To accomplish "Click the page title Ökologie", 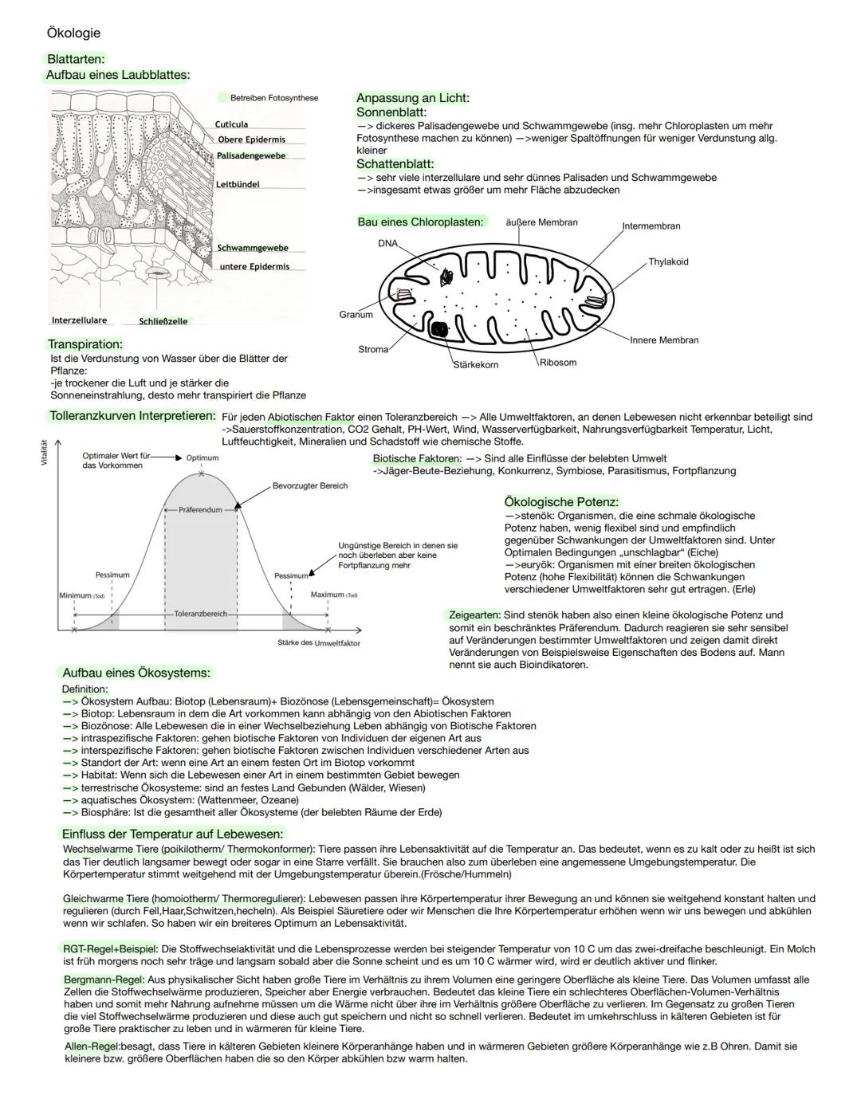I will [73, 33].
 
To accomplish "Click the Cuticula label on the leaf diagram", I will [231, 124].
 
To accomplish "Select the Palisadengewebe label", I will [251, 155].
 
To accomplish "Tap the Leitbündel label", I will [238, 184].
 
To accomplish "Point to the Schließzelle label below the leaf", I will [163, 321].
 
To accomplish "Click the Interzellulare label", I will [79, 320].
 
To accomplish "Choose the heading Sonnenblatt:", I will [391, 112].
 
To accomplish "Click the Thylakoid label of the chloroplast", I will [668, 261].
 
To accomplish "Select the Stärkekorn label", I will [476, 364].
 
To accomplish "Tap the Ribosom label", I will [557, 363].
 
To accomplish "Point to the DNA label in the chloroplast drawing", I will [387, 243].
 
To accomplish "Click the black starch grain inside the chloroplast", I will [438, 328].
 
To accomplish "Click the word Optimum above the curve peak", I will [202, 458].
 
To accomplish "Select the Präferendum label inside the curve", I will [200, 509].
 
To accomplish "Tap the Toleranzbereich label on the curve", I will [201, 614].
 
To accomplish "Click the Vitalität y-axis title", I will [45, 452].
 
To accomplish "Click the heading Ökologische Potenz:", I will [561, 502].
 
